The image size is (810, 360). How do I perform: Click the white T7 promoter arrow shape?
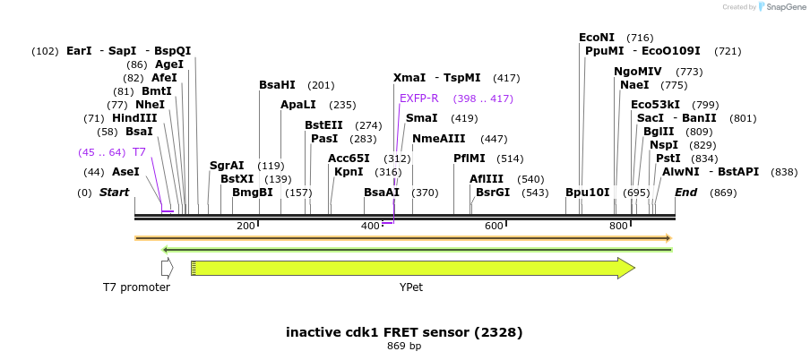(x=167, y=268)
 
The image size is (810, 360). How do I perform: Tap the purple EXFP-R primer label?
(x=419, y=99)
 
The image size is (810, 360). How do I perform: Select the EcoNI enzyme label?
(x=597, y=38)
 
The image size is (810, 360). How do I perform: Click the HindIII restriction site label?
(x=108, y=118)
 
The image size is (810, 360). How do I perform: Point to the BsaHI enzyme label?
(x=277, y=85)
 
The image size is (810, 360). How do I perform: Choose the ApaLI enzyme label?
(x=299, y=105)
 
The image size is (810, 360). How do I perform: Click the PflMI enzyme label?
(x=470, y=159)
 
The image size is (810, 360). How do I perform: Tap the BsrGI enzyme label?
(x=493, y=193)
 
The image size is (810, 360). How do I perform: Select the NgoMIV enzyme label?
(x=638, y=72)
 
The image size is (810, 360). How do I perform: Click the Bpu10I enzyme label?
(x=588, y=193)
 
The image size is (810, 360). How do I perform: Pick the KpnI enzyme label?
(x=349, y=172)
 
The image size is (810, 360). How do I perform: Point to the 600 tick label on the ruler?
(x=494, y=227)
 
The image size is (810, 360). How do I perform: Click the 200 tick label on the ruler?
(x=246, y=227)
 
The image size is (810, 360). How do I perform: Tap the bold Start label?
(x=114, y=193)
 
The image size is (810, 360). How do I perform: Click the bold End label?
(x=686, y=193)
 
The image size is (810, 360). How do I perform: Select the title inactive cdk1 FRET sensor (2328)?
(x=404, y=332)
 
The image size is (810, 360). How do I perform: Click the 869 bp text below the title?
(x=404, y=346)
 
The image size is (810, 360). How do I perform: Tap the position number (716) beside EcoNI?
(x=640, y=38)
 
